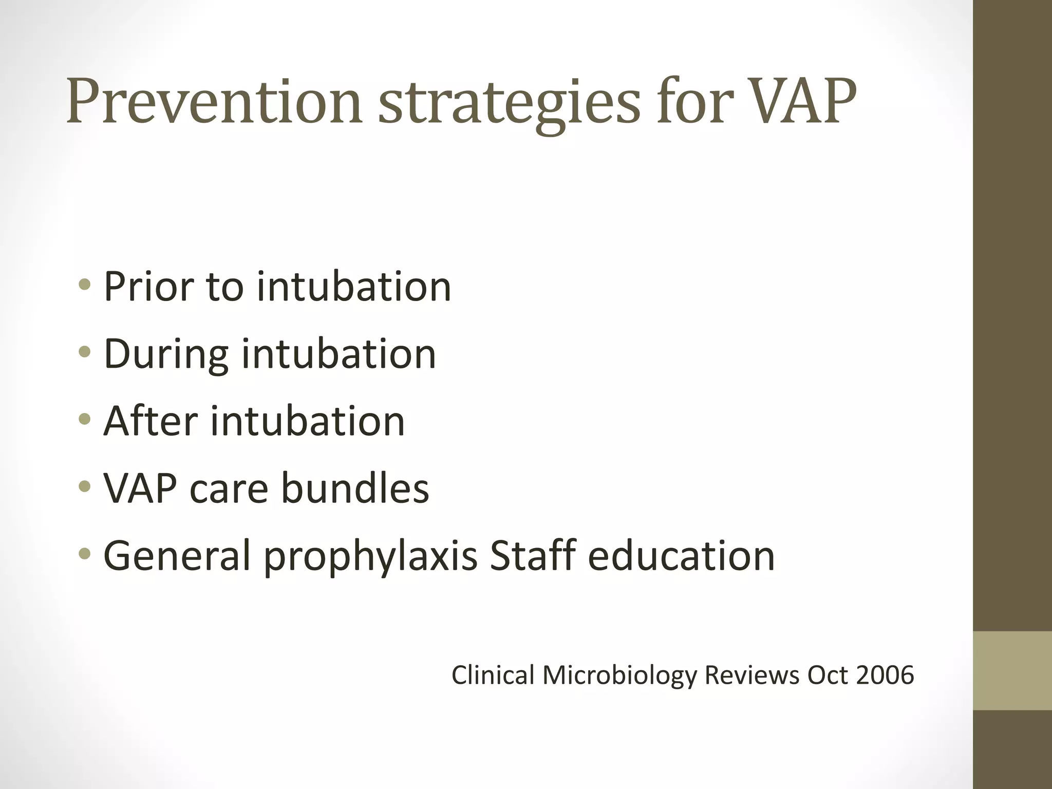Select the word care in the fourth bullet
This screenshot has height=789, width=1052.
[229, 489]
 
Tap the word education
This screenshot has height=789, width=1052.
[681, 556]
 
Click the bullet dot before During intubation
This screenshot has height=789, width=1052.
[85, 352]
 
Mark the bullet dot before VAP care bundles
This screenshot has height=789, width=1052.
[85, 486]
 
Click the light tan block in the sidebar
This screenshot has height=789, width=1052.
[1012, 670]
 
